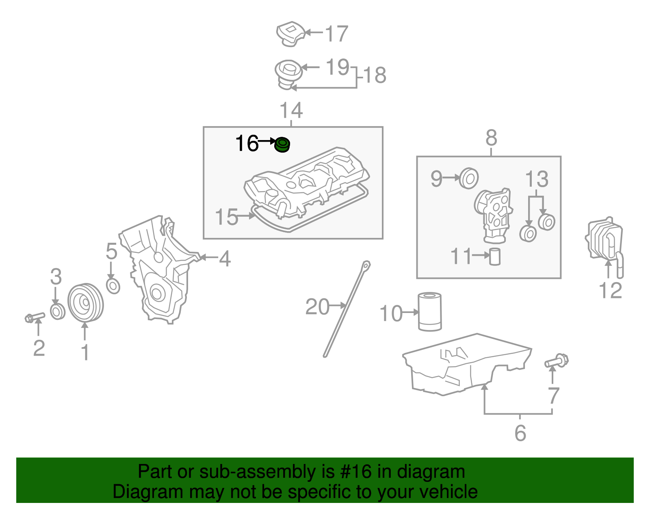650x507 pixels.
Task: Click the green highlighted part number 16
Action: pos(282,145)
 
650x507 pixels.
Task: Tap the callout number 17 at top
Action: pos(337,34)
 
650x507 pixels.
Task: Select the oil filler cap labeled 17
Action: pos(290,34)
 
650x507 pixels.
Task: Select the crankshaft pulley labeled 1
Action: pos(85,303)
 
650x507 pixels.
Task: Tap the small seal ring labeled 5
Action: pos(113,286)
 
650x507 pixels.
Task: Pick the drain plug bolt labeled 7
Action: pos(557,360)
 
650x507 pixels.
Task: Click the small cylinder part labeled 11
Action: pos(495,256)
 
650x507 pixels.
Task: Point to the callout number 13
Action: pos(537,179)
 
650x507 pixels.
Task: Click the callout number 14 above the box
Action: pos(291,110)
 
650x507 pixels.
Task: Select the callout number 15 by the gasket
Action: pos(226,217)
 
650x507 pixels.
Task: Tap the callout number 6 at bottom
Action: pos(520,433)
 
